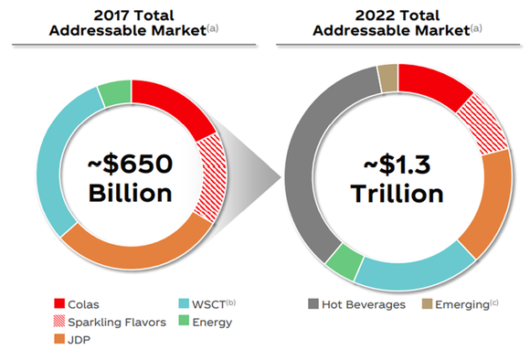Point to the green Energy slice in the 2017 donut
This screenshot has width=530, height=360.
[114, 92]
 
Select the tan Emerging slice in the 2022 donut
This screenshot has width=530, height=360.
[387, 79]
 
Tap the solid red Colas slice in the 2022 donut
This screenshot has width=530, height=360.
[434, 90]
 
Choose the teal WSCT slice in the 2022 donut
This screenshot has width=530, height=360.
[411, 272]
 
